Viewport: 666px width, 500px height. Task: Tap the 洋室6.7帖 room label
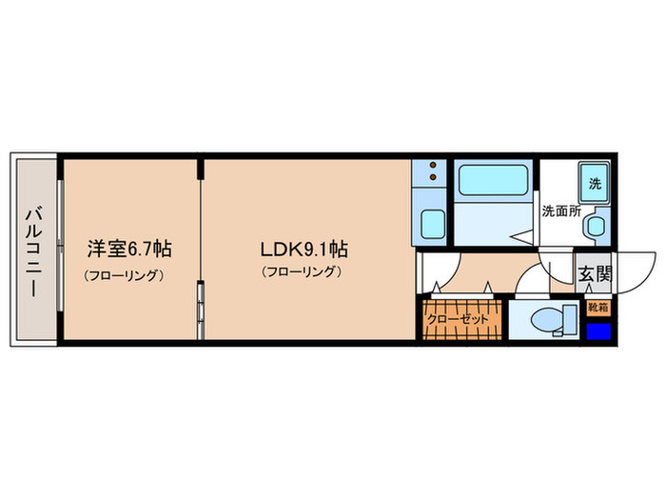pyautogui.click(x=130, y=250)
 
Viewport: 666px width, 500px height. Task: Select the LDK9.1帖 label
pyautogui.click(x=304, y=250)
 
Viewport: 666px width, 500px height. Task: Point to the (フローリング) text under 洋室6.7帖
pyautogui.click(x=125, y=275)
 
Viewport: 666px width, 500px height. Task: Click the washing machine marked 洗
pyautogui.click(x=594, y=184)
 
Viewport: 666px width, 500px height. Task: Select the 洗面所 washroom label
pyautogui.click(x=560, y=211)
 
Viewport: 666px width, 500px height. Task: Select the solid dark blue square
pyautogui.click(x=597, y=331)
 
